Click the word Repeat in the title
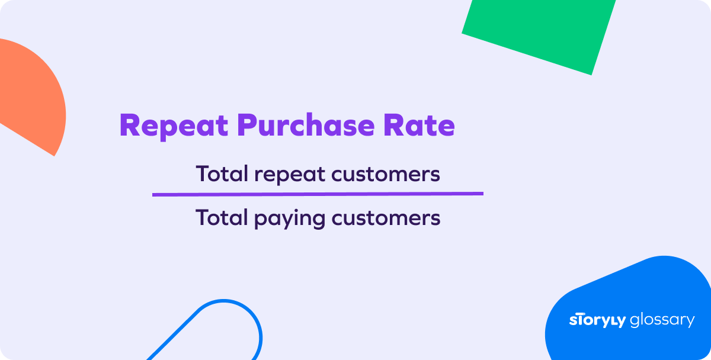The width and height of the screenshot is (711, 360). point(174,126)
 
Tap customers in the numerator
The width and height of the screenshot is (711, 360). point(386,175)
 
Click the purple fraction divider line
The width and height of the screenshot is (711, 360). point(318,194)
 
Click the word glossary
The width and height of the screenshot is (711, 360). point(662,320)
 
